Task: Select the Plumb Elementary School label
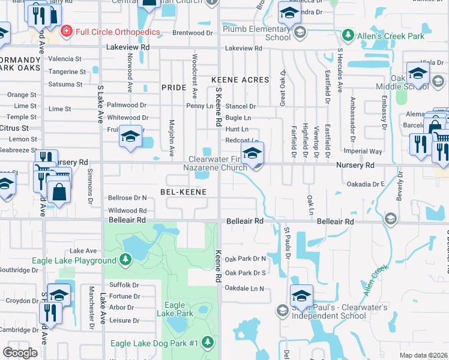pos(256,33)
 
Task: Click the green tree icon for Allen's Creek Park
pos(347,36)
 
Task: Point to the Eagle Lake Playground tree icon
pos(125,260)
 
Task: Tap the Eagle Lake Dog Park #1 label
pos(154,343)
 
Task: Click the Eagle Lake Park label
pos(175,309)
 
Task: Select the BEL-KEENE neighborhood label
pos(183,192)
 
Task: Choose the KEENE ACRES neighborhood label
pos(240,79)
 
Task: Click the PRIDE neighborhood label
pos(174,88)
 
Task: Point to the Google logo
pos(20,353)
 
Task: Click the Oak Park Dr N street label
pos(245,259)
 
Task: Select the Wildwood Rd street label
pos(127,211)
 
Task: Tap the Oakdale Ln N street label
pos(244,289)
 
